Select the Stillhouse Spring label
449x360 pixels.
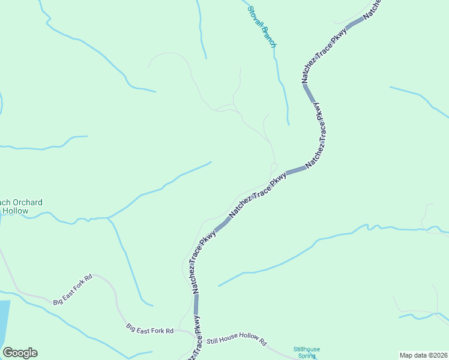[307, 352]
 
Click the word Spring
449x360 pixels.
[307, 356]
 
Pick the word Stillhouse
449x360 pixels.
[307, 349]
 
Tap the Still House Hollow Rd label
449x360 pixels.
[236, 341]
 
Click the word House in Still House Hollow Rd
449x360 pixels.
[228, 341]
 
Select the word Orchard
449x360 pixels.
[27, 203]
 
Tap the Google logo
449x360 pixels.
[20, 353]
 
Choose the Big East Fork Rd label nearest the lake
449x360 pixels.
[73, 289]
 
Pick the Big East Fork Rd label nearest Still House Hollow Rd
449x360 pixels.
[149, 329]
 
